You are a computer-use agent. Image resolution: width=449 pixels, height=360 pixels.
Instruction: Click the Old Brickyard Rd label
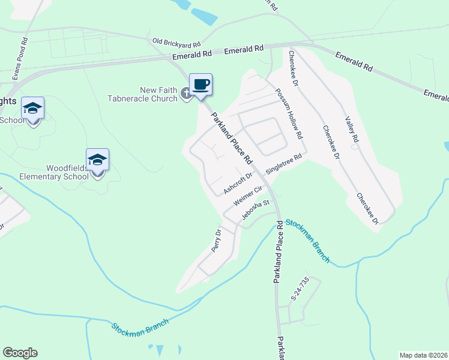click(x=176, y=43)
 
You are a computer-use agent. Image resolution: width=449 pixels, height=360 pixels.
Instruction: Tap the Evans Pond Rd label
click(x=20, y=59)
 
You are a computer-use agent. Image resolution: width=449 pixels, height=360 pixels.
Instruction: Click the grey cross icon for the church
click(x=187, y=93)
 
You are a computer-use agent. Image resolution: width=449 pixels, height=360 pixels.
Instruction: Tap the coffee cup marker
click(x=200, y=85)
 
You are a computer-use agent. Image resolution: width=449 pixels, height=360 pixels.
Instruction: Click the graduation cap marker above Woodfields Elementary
click(x=97, y=160)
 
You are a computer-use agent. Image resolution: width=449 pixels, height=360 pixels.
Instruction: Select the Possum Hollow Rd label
click(x=288, y=114)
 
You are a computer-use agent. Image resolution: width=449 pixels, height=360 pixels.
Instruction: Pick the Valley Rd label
click(x=352, y=129)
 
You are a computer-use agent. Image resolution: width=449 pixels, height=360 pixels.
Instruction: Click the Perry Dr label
click(x=217, y=239)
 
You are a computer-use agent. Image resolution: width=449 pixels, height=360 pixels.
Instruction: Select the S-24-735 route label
click(x=299, y=288)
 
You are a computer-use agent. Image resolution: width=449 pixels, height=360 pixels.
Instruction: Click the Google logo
click(x=20, y=353)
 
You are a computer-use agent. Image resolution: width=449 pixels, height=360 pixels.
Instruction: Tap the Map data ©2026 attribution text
click(x=423, y=355)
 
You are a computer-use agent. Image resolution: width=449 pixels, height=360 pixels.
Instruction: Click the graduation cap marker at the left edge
click(x=32, y=109)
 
